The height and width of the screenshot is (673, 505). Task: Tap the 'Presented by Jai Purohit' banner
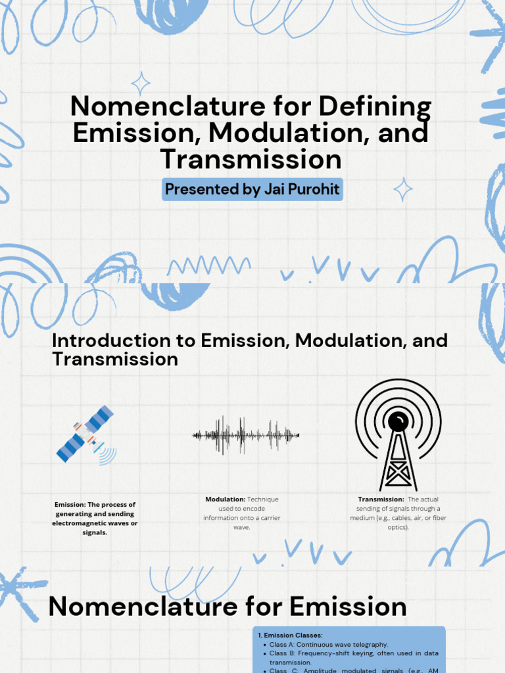(x=252, y=189)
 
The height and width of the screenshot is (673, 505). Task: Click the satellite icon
(x=86, y=434)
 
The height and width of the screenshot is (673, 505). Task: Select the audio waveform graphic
(x=245, y=434)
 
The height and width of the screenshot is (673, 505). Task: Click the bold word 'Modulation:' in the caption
(x=225, y=499)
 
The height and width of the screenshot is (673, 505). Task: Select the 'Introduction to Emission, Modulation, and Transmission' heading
(x=249, y=350)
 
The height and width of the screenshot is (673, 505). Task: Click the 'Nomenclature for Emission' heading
(x=228, y=606)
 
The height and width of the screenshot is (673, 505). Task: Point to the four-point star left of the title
(x=140, y=83)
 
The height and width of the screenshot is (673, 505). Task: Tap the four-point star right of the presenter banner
(x=402, y=189)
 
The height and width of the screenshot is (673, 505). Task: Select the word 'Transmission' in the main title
(x=251, y=159)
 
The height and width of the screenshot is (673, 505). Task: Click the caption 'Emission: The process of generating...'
(x=95, y=519)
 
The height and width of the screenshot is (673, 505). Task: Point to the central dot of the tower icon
(x=398, y=421)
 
